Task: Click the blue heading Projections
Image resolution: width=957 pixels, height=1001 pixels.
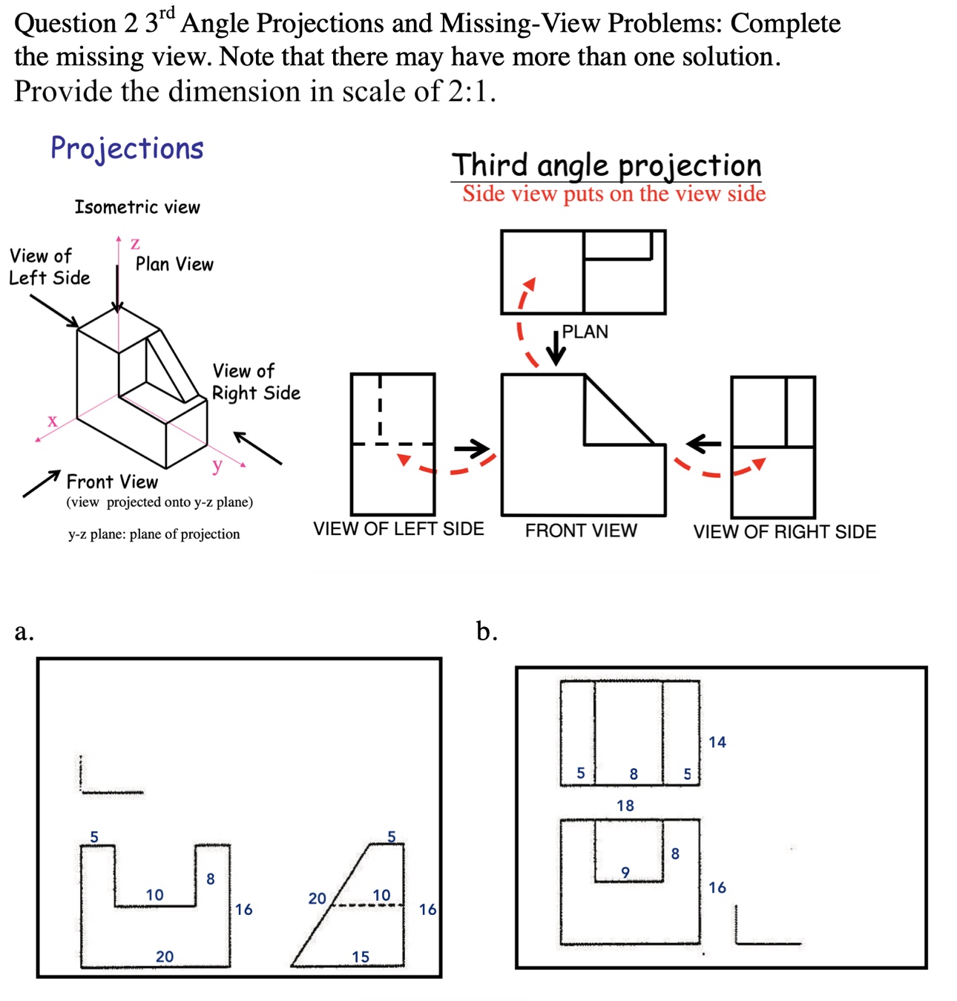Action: tap(127, 148)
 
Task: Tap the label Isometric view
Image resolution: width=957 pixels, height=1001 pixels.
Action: tap(137, 207)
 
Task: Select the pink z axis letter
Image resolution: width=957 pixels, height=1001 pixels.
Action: tap(135, 243)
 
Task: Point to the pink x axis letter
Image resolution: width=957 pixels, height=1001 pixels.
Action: tap(52, 421)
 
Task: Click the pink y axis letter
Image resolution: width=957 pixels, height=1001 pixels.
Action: tap(217, 465)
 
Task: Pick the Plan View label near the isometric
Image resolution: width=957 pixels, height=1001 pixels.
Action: tap(174, 264)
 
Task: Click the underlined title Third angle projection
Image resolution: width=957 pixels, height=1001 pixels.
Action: tap(606, 165)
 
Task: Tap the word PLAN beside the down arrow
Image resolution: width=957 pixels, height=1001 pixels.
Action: tap(585, 332)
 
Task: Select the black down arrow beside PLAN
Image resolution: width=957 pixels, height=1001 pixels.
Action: tap(556, 347)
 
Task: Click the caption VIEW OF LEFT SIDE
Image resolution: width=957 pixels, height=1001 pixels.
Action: tap(398, 529)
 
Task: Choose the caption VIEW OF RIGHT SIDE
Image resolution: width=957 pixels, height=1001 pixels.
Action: tap(784, 532)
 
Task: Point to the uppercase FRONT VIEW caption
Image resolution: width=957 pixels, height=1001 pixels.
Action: tap(581, 531)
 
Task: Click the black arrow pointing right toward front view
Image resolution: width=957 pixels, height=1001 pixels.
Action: tap(472, 448)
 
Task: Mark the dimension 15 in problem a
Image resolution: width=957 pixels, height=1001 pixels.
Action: tap(361, 956)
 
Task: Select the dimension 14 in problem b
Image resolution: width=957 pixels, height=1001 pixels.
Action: tap(717, 742)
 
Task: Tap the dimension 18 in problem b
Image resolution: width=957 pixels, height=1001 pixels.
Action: tap(625, 805)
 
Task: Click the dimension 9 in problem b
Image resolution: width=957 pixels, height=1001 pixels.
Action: tap(625, 873)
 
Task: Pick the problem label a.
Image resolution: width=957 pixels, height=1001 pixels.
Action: tap(24, 631)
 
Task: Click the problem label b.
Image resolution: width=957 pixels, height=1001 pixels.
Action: tap(487, 631)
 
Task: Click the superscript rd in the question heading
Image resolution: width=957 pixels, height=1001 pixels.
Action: tap(167, 13)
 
